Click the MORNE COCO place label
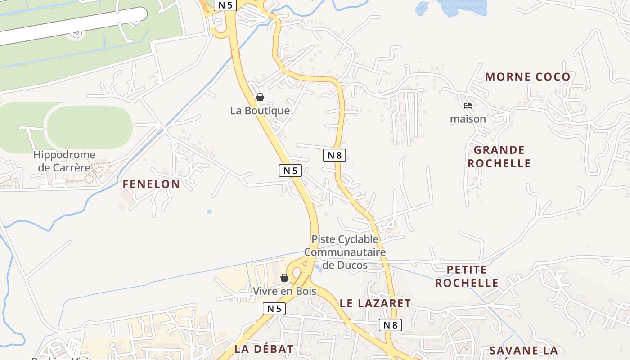[528, 77]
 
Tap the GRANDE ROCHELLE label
[499, 157]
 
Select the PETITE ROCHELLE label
[467, 276]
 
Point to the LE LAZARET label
[375, 304]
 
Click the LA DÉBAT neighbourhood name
[264, 349]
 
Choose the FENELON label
[151, 184]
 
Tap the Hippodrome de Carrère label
[64, 161]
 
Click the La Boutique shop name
[260, 111]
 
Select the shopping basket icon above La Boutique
[260, 97]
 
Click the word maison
[468, 119]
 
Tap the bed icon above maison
[468, 106]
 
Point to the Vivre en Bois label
[284, 291]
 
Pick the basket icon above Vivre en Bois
[284, 278]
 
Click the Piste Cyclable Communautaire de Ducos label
[345, 252]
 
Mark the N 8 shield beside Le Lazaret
[390, 325]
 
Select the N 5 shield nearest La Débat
[274, 309]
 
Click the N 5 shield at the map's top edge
[225, 5]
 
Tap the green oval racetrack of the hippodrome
[90, 128]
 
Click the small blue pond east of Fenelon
[209, 211]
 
